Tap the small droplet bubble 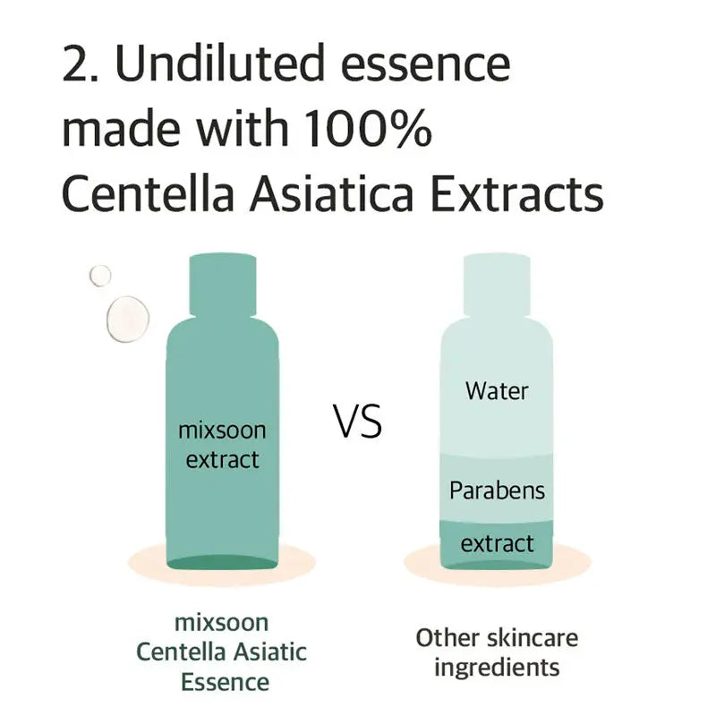(99, 276)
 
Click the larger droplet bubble (127, 318)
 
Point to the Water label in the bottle (497, 391)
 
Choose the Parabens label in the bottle (497, 490)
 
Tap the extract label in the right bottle (497, 543)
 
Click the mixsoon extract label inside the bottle (222, 445)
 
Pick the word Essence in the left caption (224, 682)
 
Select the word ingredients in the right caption (497, 667)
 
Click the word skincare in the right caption (532, 637)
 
